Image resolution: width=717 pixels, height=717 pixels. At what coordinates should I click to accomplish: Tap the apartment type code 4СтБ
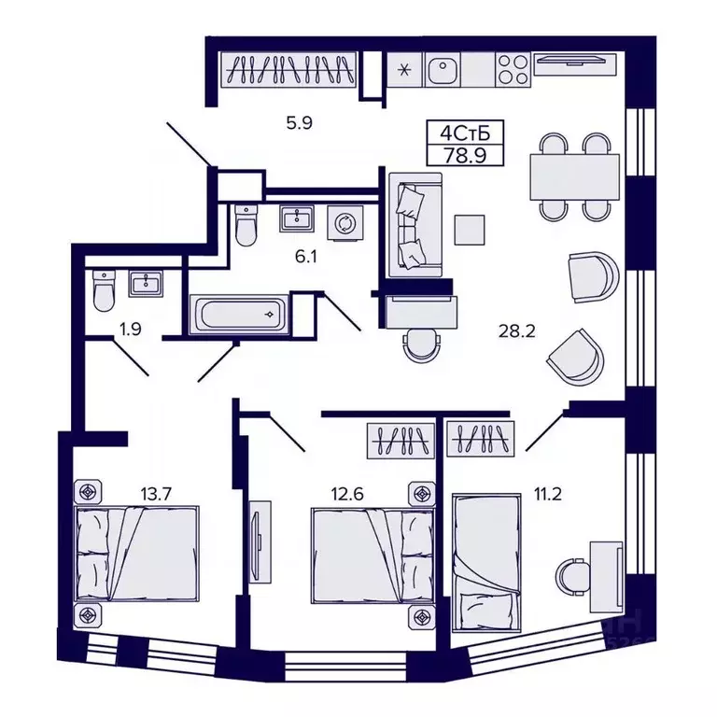point(456,132)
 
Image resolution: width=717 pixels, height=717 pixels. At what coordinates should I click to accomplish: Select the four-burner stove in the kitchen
point(513,68)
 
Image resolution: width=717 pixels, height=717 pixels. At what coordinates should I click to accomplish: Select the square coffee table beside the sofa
point(470,230)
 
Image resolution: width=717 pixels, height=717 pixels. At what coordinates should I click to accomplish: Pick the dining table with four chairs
point(573,175)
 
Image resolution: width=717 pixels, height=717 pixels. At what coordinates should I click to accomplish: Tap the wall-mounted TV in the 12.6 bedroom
point(259,541)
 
